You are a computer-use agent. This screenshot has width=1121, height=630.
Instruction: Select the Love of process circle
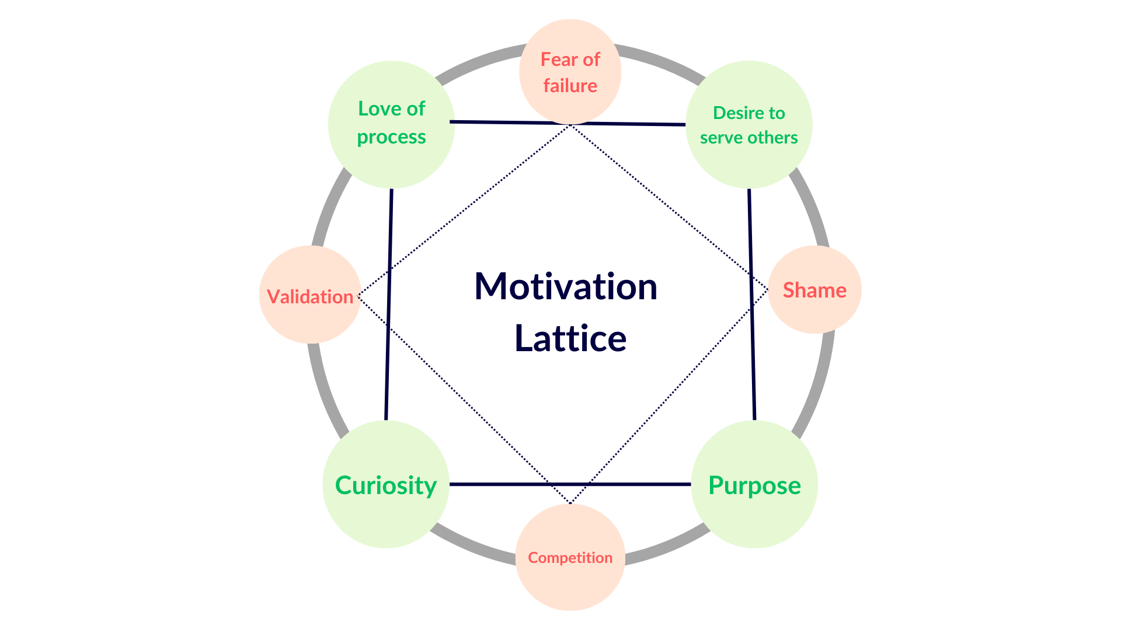coord(391,124)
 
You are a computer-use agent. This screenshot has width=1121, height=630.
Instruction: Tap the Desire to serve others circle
coord(749,124)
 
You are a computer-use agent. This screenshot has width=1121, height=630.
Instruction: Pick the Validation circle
coord(309,295)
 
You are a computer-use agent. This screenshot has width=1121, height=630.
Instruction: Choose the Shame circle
coord(814,290)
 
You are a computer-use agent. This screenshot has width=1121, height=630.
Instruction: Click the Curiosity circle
coord(385,484)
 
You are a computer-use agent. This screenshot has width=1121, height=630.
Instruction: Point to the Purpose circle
coord(754,484)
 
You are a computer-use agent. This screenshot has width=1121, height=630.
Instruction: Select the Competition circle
coord(570,558)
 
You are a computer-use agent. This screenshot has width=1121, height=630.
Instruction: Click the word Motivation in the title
coord(566,286)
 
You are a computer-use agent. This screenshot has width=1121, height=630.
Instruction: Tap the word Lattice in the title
coord(570,338)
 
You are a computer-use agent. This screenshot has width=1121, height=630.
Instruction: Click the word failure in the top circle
coord(570,86)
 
